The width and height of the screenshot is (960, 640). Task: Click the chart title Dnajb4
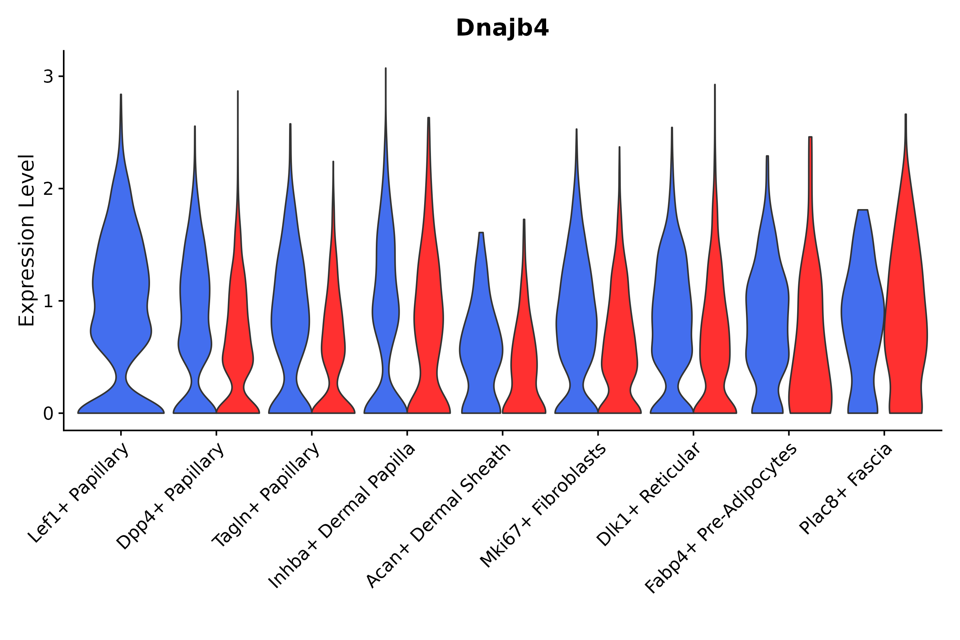click(502, 28)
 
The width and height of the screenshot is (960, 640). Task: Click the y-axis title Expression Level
click(27, 240)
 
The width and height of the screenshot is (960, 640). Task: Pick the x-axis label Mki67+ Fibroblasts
click(543, 506)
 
